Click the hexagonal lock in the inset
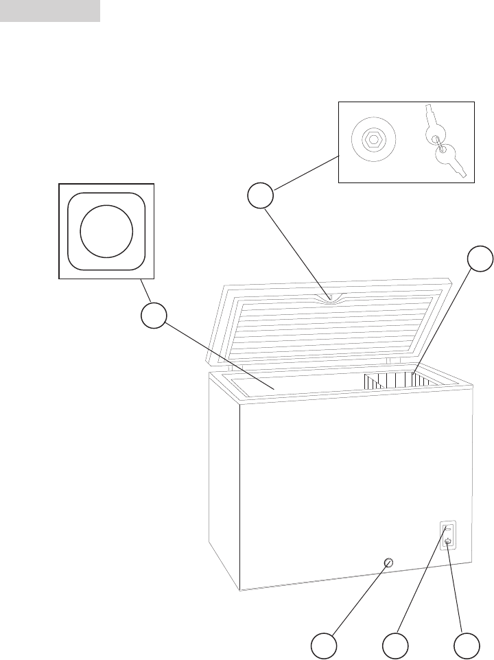click(x=373, y=139)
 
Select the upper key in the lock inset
click(x=435, y=129)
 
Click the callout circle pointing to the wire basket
click(x=480, y=259)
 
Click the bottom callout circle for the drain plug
click(x=323, y=646)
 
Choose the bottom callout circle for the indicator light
click(x=396, y=646)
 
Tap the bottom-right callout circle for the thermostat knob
click(x=468, y=646)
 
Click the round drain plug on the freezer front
click(x=388, y=563)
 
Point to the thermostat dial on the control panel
click(x=448, y=542)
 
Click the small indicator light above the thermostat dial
click(x=447, y=529)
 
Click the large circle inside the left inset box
click(x=106, y=231)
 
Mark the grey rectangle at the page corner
click(x=50, y=11)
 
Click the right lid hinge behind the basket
click(x=388, y=360)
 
